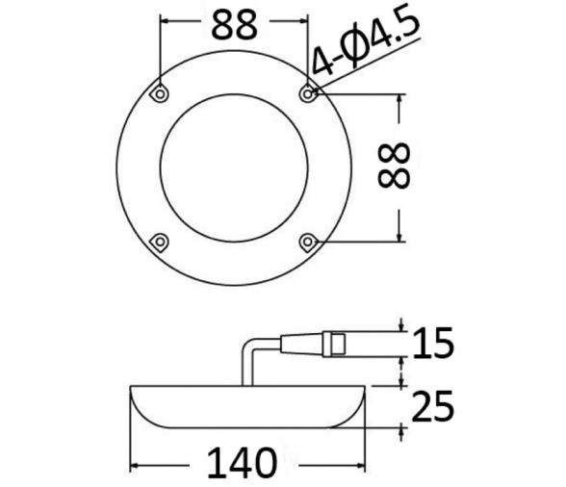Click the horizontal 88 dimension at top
(x=234, y=24)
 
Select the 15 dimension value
(x=433, y=343)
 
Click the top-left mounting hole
(x=161, y=93)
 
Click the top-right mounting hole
(x=308, y=93)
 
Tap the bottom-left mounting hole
(x=161, y=241)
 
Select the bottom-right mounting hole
(x=308, y=241)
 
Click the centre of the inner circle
(x=234, y=167)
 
